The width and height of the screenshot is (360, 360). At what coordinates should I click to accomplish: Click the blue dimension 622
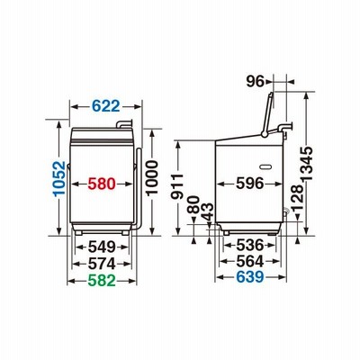point(105,105)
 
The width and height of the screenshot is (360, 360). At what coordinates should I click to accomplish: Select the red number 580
point(102,184)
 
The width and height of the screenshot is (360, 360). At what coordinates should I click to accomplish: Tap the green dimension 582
point(102,281)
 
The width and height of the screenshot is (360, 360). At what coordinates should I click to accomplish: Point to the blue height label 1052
point(59,178)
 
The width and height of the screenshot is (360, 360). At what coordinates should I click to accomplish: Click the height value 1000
point(152,177)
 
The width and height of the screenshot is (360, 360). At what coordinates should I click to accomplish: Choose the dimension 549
point(102,247)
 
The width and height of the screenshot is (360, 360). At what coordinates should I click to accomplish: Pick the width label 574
point(102,264)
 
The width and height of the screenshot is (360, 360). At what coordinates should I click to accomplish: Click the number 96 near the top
point(255,81)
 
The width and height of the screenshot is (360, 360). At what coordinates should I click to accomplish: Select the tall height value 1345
point(307,164)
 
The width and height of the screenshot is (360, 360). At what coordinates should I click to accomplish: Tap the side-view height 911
point(177,186)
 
